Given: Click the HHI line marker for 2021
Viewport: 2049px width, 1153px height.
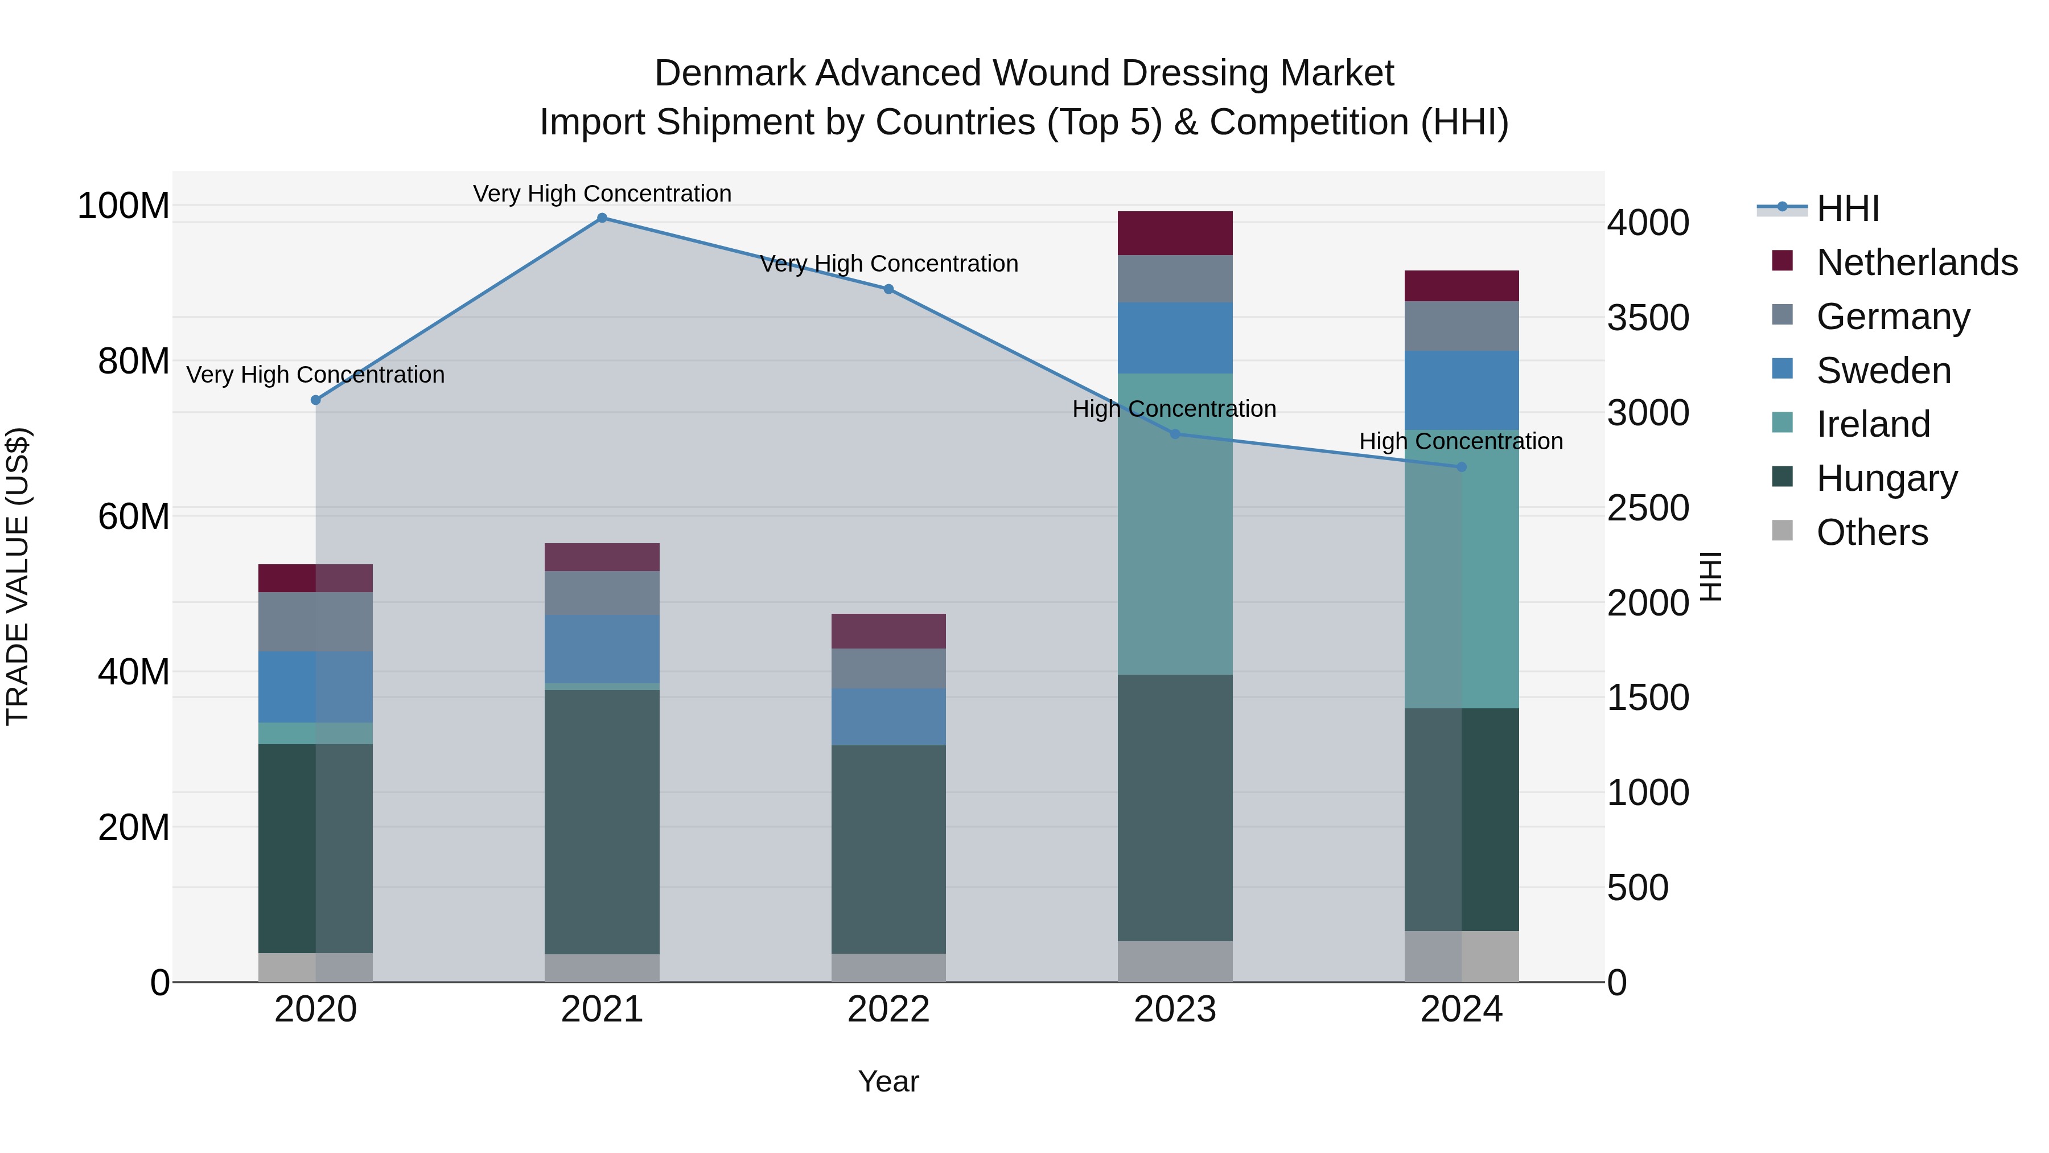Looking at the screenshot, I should click(602, 218).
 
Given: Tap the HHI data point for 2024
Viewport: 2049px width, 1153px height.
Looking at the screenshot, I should click(1461, 467).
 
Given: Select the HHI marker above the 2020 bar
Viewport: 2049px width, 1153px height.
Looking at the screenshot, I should click(316, 400).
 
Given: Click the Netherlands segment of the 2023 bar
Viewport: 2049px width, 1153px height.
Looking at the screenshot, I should click(1175, 233).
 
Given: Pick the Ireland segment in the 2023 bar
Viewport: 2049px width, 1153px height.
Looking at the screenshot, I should click(1175, 524).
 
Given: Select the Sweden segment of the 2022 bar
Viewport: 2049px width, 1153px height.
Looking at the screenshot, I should click(888, 716).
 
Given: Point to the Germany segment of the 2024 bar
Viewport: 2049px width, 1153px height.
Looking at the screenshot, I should click(1461, 326).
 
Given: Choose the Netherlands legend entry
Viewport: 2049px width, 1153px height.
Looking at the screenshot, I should click(1917, 262).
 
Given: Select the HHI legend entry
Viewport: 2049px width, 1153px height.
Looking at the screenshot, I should click(1848, 208).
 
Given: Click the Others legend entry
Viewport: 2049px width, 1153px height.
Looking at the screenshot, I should click(1871, 532).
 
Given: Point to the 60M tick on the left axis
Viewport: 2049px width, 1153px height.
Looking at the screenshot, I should click(134, 516).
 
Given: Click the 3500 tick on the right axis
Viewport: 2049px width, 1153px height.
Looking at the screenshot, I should click(1648, 318).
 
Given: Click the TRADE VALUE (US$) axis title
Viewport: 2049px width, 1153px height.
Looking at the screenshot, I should click(18, 576).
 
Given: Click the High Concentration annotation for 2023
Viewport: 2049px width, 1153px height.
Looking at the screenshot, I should click(1174, 409).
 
